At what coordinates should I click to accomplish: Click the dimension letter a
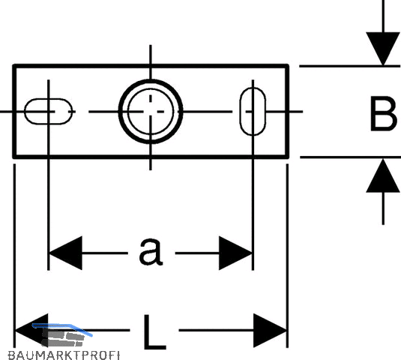coord(151,251)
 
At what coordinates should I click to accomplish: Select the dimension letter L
coord(154,332)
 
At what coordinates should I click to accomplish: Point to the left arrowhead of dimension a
coord(65,253)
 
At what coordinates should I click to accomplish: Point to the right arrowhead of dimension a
coord(235,253)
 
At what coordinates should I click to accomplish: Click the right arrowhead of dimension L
coord(270,331)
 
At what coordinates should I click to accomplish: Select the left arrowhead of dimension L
coord(31,331)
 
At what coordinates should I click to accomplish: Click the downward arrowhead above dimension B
coord(383,49)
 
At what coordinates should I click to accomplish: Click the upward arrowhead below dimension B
coord(383,175)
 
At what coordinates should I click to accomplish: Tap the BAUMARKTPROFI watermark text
coord(64,355)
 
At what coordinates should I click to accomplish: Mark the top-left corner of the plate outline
coord(14,65)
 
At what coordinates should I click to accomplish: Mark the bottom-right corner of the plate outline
coord(288,157)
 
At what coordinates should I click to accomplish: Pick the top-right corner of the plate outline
coord(288,65)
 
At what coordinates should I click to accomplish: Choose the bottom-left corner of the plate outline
coord(14,157)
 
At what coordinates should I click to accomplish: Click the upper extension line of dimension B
coord(350,66)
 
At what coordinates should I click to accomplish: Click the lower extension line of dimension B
coord(350,157)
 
